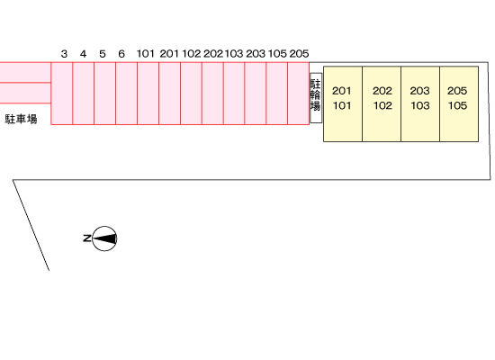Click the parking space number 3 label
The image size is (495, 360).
[x=64, y=54]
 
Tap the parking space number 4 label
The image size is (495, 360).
[x=83, y=54]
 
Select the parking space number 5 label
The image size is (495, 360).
[x=103, y=54]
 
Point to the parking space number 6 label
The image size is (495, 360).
[x=121, y=54]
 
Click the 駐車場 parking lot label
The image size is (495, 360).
[x=22, y=119]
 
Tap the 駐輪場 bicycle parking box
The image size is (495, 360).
[x=316, y=98]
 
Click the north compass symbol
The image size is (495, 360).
[x=104, y=238]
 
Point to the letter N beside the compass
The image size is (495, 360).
[x=86, y=238]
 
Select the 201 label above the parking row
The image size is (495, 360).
[x=169, y=54]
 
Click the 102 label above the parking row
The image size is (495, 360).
[x=192, y=54]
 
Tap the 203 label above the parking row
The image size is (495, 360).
[x=256, y=54]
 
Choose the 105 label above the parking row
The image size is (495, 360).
[x=277, y=54]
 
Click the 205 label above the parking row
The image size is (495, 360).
[x=299, y=54]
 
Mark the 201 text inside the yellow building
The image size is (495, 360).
[x=342, y=91]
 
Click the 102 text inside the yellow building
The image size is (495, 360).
[x=382, y=105]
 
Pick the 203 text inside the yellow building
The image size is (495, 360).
[x=420, y=91]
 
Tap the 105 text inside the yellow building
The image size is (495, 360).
[x=457, y=105]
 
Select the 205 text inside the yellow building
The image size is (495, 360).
[x=457, y=91]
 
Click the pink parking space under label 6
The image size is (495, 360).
[x=127, y=94]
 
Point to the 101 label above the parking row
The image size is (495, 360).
[x=146, y=54]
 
